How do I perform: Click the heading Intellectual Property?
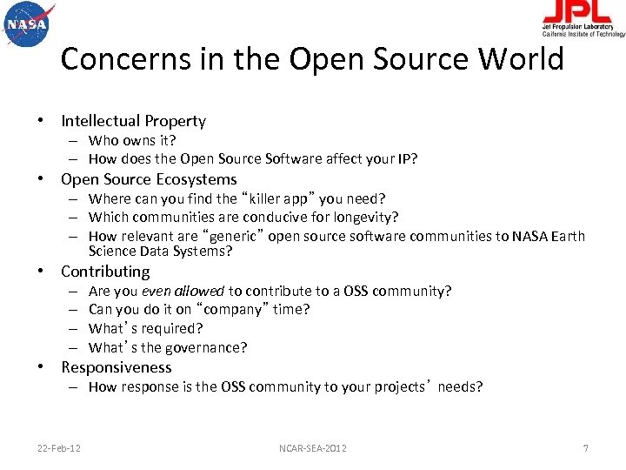[133, 121]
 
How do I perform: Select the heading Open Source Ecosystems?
[149, 179]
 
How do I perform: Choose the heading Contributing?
[105, 272]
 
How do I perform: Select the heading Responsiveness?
[117, 367]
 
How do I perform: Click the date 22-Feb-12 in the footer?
[59, 448]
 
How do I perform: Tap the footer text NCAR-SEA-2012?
[313, 448]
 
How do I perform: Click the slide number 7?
[585, 448]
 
